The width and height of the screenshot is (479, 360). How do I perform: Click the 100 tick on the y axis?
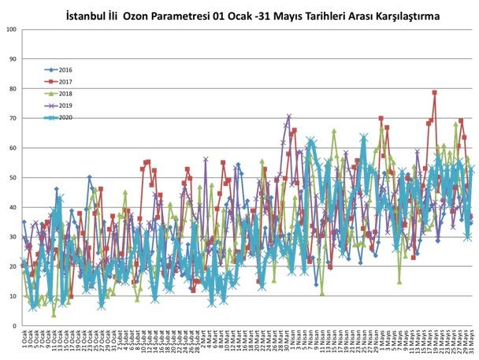tap(10, 30)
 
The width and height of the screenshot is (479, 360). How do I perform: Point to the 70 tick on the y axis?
tap(12, 118)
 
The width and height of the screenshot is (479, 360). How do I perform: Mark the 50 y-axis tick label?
tap(12, 177)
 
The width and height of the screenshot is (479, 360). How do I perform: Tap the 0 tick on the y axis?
tap(13, 325)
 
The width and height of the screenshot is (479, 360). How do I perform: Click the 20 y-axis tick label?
tap(12, 266)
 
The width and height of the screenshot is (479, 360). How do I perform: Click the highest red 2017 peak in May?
tap(435, 93)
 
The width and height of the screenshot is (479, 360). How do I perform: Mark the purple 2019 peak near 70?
tap(289, 116)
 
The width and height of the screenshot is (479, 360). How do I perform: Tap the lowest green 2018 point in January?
tap(54, 314)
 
